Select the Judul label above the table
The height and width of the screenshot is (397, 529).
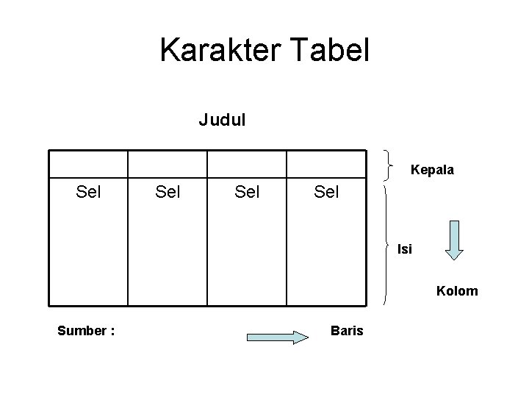(x=223, y=119)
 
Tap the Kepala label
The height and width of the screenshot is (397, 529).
(x=432, y=170)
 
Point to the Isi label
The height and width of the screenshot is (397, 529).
(x=405, y=249)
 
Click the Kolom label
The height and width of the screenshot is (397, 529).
(x=457, y=291)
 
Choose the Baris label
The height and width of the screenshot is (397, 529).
(x=347, y=331)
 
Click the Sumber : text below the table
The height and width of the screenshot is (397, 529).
(x=86, y=331)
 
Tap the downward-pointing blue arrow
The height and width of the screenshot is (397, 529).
(x=456, y=240)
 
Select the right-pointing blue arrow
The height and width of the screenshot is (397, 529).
(x=277, y=337)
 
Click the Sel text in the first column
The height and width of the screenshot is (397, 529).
(x=89, y=193)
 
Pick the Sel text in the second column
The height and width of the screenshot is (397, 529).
(x=168, y=193)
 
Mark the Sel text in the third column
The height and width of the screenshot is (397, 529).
(x=247, y=193)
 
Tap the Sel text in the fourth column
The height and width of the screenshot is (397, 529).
(x=326, y=193)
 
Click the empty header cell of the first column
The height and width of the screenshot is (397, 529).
(x=88, y=164)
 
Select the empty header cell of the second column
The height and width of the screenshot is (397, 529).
(x=168, y=164)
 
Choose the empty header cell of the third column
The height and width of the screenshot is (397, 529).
(x=247, y=164)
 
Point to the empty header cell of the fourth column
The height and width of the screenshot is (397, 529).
(x=326, y=164)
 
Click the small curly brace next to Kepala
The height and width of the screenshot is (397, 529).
(x=389, y=163)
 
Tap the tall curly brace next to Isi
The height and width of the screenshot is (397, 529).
(x=387, y=243)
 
